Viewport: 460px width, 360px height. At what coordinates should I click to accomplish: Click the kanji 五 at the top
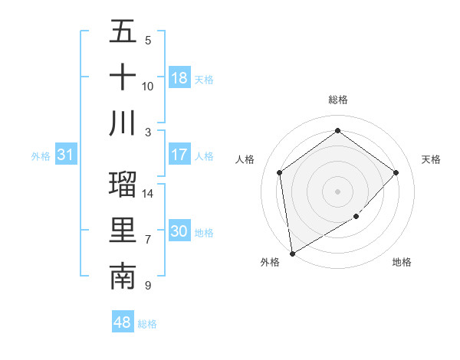coord(123,31)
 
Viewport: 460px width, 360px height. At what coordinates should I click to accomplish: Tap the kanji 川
coord(123,123)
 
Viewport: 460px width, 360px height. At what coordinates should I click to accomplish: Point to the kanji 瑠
coord(123,185)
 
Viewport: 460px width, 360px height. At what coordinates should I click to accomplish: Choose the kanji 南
coord(123,277)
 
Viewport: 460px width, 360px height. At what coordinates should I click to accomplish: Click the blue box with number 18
coord(179,78)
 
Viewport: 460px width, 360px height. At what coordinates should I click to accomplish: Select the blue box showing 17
coord(179,155)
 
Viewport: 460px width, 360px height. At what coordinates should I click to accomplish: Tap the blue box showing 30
coord(179,231)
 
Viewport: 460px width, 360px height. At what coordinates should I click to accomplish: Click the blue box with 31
coord(66,155)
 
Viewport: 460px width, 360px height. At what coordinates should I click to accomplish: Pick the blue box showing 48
coord(123,322)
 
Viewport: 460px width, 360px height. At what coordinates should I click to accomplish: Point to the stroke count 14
coord(149,194)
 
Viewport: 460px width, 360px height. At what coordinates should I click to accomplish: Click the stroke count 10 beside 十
coord(148,86)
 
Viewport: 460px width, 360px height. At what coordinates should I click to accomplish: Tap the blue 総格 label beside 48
coord(147,324)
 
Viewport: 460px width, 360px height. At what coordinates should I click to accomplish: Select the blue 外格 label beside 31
coord(41,156)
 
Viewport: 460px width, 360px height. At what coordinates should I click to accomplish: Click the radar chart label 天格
coord(431,159)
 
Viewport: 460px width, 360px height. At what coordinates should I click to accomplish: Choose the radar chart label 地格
coord(402,262)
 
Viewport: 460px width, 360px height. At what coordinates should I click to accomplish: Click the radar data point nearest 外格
coord(292,254)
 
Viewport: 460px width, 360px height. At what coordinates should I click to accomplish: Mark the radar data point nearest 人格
coord(280,172)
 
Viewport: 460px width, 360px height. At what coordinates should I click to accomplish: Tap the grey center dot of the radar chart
coord(337,191)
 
